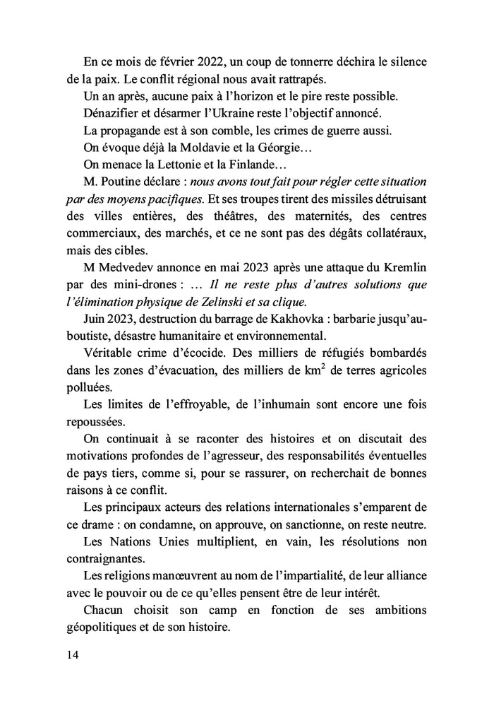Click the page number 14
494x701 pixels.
(71, 654)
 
